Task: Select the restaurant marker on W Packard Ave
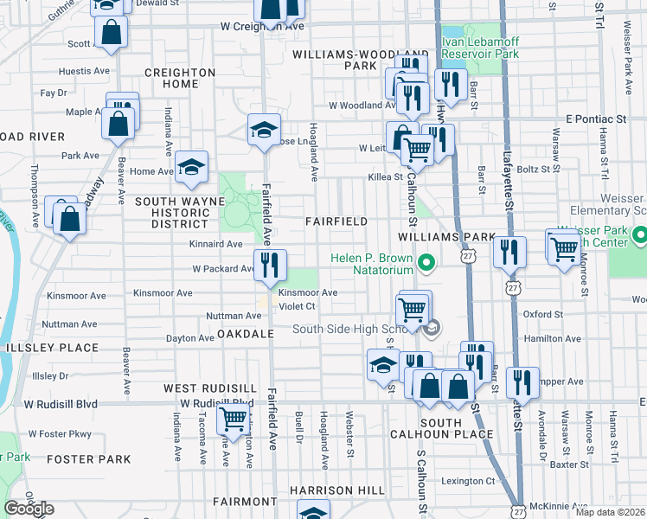click(x=269, y=266)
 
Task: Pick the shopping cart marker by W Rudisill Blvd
click(x=234, y=419)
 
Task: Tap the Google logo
click(x=29, y=509)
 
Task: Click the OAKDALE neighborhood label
click(x=246, y=333)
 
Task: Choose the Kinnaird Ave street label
click(x=218, y=245)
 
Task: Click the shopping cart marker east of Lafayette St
click(x=563, y=249)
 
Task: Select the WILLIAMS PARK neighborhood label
click(x=446, y=236)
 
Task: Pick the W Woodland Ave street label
click(x=362, y=106)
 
